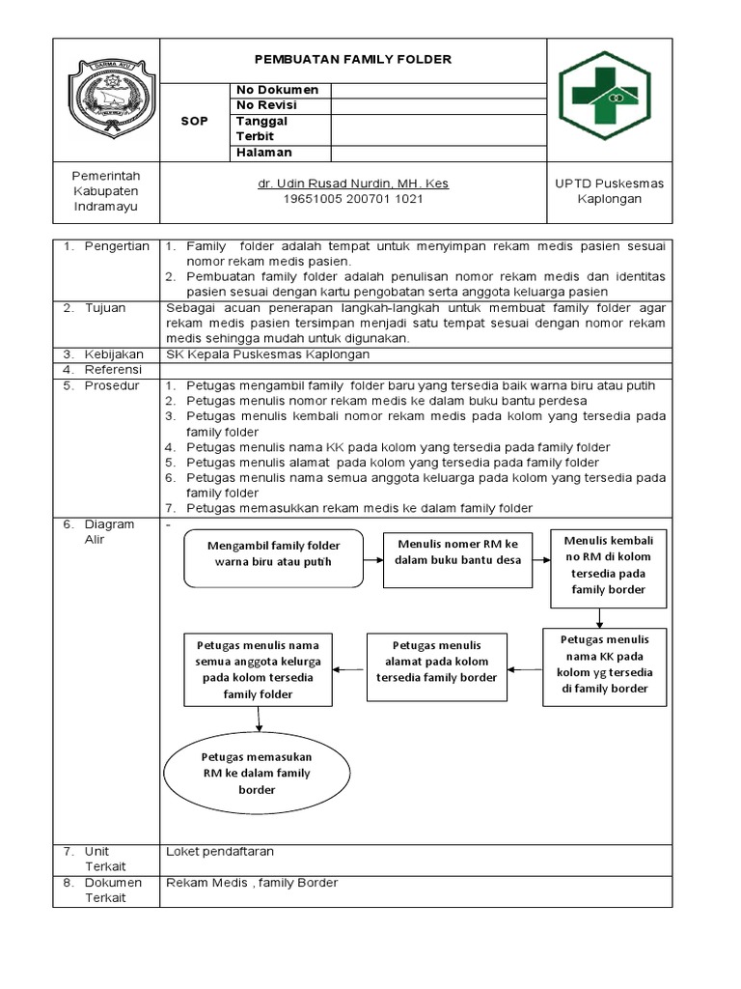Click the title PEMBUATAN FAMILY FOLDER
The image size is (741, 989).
pos(352,60)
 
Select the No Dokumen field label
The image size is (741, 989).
pos(278,90)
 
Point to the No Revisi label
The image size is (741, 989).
pos(266,105)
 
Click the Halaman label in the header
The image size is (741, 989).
pos(263,153)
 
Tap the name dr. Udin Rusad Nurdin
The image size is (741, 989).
pos(352,184)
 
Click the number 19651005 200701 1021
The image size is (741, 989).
pos(352,199)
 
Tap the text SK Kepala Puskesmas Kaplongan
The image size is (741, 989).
pos(268,354)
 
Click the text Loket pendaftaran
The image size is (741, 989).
pos(220,852)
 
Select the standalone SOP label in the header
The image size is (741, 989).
pos(195,121)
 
